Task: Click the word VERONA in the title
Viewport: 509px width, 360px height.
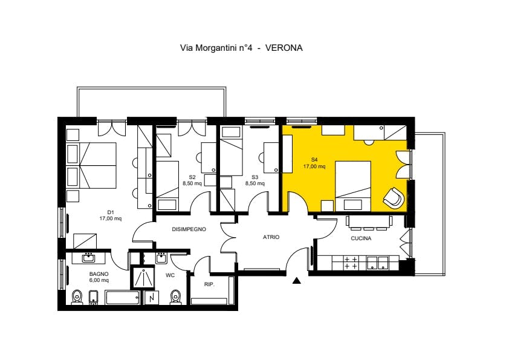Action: pos(284,48)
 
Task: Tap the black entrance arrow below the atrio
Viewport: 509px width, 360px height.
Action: pos(296,280)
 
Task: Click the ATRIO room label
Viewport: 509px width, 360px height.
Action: pos(271,237)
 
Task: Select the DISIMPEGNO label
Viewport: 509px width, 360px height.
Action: pos(189,229)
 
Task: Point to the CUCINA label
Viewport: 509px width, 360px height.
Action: pos(361,238)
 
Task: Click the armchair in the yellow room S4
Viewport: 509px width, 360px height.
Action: pos(394,197)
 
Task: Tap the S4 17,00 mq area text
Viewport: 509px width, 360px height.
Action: pos(314,163)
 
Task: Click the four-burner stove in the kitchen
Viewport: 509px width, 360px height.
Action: pos(351,263)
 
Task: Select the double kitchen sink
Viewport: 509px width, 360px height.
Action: pos(378,263)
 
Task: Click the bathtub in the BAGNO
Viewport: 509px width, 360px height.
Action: pos(123,297)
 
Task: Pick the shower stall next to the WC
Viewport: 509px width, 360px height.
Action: pos(142,277)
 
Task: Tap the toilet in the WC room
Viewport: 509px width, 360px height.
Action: pos(175,297)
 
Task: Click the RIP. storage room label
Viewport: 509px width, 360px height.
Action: pos(209,284)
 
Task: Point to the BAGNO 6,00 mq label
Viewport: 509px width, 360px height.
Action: pos(99,277)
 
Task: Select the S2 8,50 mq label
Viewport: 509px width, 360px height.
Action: pos(192,180)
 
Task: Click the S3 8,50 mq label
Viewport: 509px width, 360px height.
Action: pos(255,180)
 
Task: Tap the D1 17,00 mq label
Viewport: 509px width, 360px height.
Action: pos(111,215)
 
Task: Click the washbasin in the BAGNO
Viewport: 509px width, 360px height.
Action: pos(88,258)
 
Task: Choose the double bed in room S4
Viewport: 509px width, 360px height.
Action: pos(353,186)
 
